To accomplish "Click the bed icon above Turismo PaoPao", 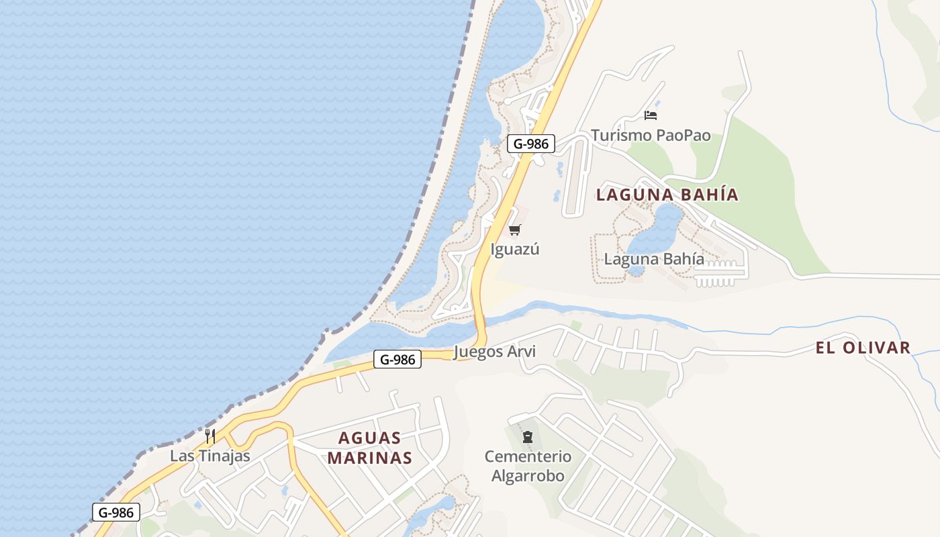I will click(x=650, y=115).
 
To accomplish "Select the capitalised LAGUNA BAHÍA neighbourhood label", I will click(x=667, y=195).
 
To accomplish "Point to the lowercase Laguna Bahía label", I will click(x=654, y=259).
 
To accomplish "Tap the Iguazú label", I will click(x=515, y=250).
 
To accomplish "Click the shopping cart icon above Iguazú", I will click(x=515, y=230).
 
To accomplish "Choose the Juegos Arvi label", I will click(x=495, y=352).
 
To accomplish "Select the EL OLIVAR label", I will click(x=863, y=348).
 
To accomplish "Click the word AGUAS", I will click(x=370, y=438).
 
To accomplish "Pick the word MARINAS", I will click(x=370, y=458).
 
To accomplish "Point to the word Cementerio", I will click(x=528, y=457).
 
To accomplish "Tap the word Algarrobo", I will click(x=528, y=476).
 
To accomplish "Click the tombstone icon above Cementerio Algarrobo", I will click(x=528, y=438).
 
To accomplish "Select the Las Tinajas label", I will click(x=209, y=456).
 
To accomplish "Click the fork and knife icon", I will click(x=210, y=436).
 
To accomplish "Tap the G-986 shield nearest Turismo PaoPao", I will click(x=530, y=143).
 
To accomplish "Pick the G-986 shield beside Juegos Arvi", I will click(x=397, y=359).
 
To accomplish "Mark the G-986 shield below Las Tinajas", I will click(x=116, y=512).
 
